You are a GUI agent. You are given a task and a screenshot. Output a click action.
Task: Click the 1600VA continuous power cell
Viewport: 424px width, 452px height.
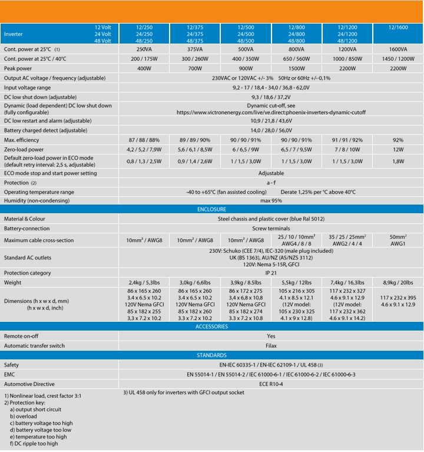(398, 50)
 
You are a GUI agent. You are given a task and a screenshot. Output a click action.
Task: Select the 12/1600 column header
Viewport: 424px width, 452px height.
(398, 27)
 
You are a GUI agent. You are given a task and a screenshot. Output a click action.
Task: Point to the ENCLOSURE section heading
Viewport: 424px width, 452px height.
(212, 209)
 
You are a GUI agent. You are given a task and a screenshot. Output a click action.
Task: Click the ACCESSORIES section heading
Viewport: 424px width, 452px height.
(212, 326)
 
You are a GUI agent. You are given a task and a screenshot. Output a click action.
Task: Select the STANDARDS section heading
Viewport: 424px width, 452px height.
(212, 355)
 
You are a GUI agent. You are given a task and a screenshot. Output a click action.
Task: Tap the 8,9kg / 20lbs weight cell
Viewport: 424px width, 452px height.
(398, 282)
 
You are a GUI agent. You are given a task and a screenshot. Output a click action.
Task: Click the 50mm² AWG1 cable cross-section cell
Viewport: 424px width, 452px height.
(398, 240)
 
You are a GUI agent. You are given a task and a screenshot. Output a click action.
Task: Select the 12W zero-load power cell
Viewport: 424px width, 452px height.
(398, 150)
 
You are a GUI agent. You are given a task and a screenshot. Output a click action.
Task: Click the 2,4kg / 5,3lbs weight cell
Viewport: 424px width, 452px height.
(144, 282)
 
